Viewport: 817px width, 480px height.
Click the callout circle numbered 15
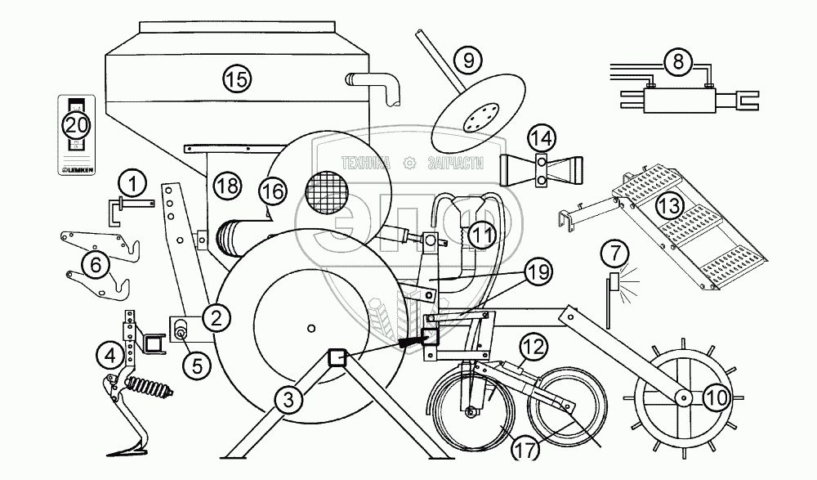[x=236, y=79]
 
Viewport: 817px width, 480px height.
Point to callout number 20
[x=76, y=127]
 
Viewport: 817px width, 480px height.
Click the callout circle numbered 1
[x=134, y=179]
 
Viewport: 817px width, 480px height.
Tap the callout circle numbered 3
[x=285, y=400]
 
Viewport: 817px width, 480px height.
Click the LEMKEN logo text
[x=76, y=170]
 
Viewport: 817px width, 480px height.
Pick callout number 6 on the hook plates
[x=96, y=264]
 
